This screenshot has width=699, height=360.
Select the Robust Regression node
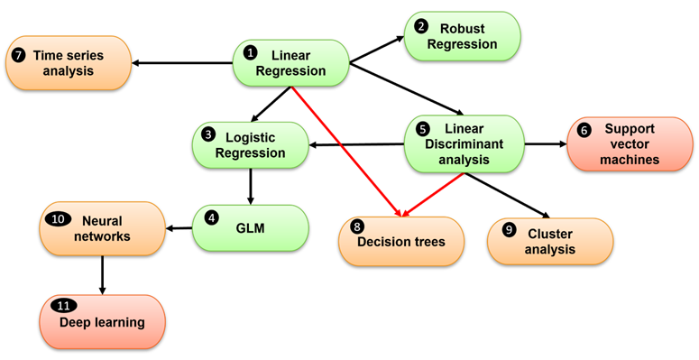(461, 37)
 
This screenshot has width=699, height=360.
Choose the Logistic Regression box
(250, 145)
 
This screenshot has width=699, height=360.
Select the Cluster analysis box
(549, 241)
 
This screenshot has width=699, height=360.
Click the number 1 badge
(252, 54)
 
